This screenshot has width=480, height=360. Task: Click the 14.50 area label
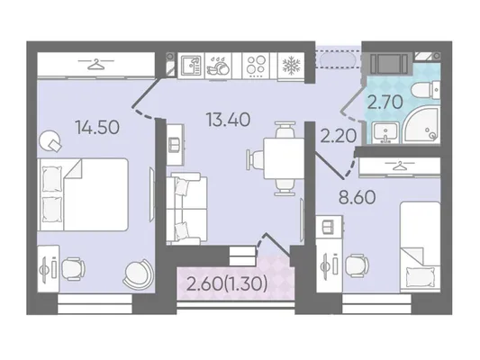click(x=97, y=128)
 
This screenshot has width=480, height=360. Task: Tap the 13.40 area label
click(x=229, y=120)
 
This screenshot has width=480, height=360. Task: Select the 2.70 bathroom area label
click(x=385, y=103)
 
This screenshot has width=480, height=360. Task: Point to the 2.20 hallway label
click(x=339, y=136)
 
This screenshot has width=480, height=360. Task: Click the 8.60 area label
click(x=357, y=197)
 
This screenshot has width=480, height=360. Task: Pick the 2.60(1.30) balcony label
click(x=227, y=284)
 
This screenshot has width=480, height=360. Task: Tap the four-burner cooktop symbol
click(x=256, y=66)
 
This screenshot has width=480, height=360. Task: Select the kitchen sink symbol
click(x=191, y=65)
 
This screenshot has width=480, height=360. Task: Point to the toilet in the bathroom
click(x=426, y=90)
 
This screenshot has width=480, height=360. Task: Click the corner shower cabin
click(x=422, y=126)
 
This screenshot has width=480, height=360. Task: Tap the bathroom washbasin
click(x=385, y=132)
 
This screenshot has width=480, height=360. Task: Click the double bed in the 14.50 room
click(x=83, y=194)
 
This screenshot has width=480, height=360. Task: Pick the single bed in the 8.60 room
click(x=421, y=247)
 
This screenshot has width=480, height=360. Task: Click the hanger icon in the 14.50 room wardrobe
click(x=95, y=64)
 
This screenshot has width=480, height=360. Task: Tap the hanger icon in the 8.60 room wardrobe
click(x=400, y=166)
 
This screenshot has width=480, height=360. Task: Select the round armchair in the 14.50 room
click(x=137, y=273)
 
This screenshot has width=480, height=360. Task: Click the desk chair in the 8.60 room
click(x=357, y=265)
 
